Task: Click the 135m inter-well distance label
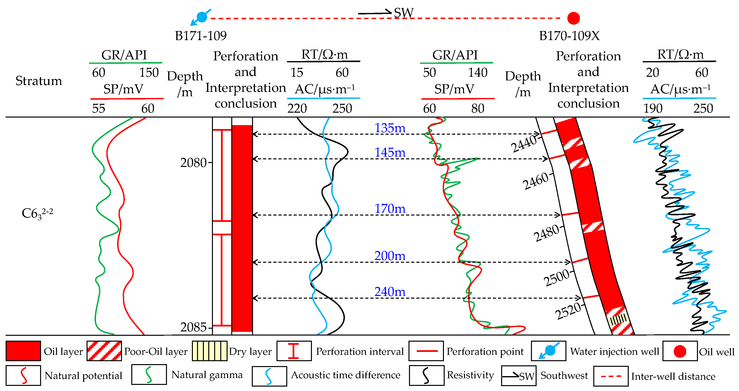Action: coord(390,128)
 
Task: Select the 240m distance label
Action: coord(390,292)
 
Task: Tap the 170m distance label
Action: coord(390,208)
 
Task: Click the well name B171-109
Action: coord(200,36)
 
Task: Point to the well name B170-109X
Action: coord(569,36)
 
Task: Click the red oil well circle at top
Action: coord(574,18)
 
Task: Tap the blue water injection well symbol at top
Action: coord(202,17)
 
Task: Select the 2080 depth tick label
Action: coord(193,163)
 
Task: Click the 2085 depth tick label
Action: coord(193,327)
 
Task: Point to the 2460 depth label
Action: coord(535,181)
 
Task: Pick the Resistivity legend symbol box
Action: coord(426,376)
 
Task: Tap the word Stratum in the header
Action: coord(38,81)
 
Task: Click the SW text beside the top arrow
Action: coord(403,13)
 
